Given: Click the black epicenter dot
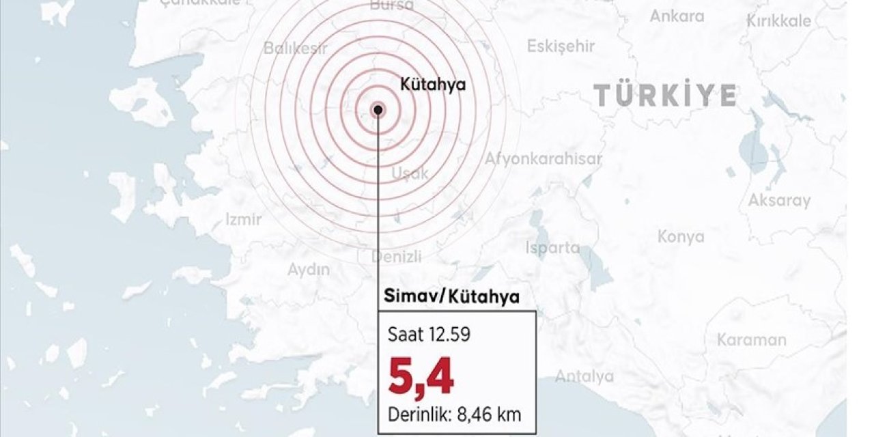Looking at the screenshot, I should pyautogui.click(x=378, y=109).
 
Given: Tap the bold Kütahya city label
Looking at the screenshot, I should pyautogui.click(x=432, y=85).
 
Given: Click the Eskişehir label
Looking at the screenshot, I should pyautogui.click(x=561, y=46).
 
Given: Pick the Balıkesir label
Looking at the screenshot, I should pyautogui.click(x=296, y=48).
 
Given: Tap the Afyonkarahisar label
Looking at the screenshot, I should pyautogui.click(x=544, y=159).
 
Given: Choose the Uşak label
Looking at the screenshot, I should pyautogui.click(x=410, y=173).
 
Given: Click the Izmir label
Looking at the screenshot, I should pyautogui.click(x=244, y=219).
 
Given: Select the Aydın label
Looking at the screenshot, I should pyautogui.click(x=308, y=270).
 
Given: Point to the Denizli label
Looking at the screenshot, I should pyautogui.click(x=397, y=257).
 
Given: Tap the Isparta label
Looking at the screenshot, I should pyautogui.click(x=552, y=248).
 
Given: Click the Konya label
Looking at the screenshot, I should pyautogui.click(x=681, y=237).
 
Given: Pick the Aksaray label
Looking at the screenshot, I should pyautogui.click(x=779, y=201).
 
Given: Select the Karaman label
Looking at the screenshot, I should pyautogui.click(x=752, y=339).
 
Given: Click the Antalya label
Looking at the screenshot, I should pyautogui.click(x=584, y=376).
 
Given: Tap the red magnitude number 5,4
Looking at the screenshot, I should pyautogui.click(x=421, y=378).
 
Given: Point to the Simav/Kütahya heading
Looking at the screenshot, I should pyautogui.click(x=451, y=297).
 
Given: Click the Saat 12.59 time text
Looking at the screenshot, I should pyautogui.click(x=429, y=335).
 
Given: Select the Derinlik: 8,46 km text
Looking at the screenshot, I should pyautogui.click(x=456, y=414).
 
